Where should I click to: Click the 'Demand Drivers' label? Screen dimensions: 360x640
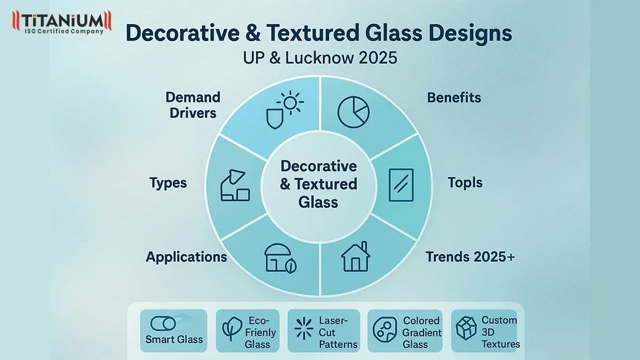pyautogui.click(x=193, y=105)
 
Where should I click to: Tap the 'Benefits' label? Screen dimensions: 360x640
pyautogui.click(x=454, y=98)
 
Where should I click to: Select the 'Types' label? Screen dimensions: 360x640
pyautogui.click(x=168, y=183)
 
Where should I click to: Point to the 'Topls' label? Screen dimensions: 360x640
pyautogui.click(x=465, y=183)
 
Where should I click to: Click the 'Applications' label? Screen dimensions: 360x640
pyautogui.click(x=186, y=257)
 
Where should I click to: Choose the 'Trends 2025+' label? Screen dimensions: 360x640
pyautogui.click(x=470, y=257)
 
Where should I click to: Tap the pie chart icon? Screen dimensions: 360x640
pyautogui.click(x=353, y=112)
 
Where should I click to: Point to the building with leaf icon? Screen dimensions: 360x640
pyautogui.click(x=280, y=260)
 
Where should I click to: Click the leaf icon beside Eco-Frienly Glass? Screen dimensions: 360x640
pyautogui.click(x=231, y=330)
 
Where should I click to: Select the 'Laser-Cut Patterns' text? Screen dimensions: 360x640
pyautogui.click(x=338, y=332)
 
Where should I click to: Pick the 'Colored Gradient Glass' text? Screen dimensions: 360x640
pyautogui.click(x=422, y=332)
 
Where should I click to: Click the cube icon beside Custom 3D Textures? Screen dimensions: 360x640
pyautogui.click(x=465, y=330)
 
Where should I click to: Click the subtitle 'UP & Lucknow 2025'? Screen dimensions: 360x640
pyautogui.click(x=320, y=57)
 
